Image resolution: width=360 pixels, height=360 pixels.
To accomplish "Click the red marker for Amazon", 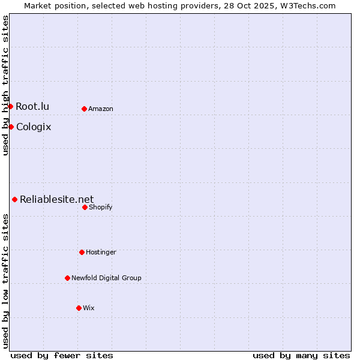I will tap(84, 109).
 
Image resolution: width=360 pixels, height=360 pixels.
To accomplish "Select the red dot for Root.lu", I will tap(10, 106).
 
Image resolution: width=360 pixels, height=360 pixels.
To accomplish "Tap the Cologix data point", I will tap(11, 127).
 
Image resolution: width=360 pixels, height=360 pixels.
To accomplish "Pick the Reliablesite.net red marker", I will tap(14, 199).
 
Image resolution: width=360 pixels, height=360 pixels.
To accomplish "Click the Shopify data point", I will tap(85, 207).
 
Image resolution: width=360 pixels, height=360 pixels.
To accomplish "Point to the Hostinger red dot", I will tap(82, 252).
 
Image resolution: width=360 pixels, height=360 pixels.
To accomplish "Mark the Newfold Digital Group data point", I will tap(67, 278).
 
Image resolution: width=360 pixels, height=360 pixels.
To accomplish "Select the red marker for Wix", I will tap(79, 308).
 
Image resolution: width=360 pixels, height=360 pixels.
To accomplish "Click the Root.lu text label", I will tap(32, 106).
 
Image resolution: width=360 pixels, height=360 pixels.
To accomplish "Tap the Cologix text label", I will tap(34, 127).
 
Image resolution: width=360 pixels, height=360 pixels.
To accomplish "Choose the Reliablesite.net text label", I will tap(57, 199).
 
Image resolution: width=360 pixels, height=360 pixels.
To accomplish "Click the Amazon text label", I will tap(101, 109).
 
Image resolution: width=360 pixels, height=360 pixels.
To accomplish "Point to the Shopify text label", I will tap(101, 207).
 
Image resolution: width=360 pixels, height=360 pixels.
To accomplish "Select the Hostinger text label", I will tap(101, 252).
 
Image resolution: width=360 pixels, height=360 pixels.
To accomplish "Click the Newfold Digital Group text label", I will tap(106, 278).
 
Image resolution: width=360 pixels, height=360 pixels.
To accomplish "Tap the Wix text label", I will tap(89, 308).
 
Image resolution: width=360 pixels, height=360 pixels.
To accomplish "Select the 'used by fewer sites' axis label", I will tap(62, 355).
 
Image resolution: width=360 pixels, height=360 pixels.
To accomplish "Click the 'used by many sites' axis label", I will tap(301, 355).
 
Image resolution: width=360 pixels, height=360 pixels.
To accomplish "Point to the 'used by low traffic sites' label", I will tap(5, 280).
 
